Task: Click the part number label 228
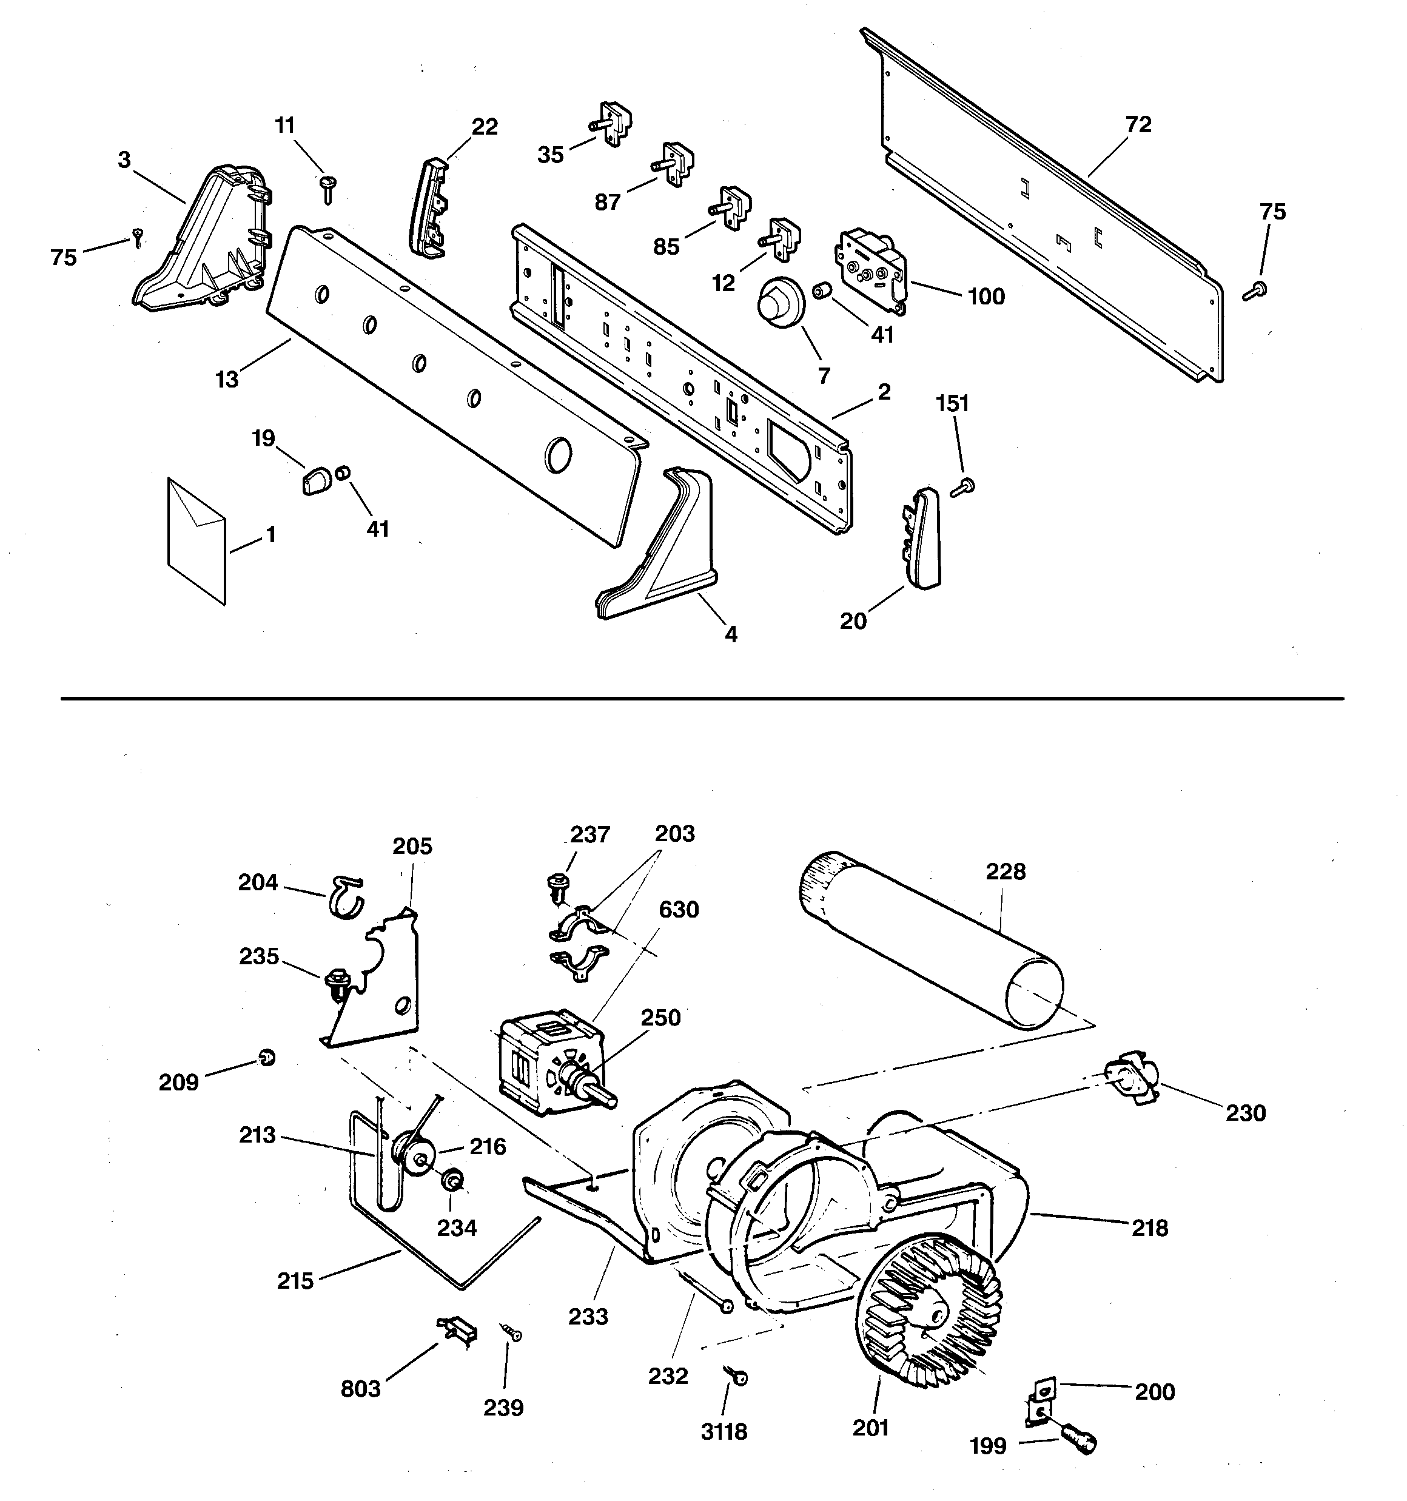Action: (x=1005, y=871)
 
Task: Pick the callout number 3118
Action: (x=724, y=1431)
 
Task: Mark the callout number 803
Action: (x=360, y=1388)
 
